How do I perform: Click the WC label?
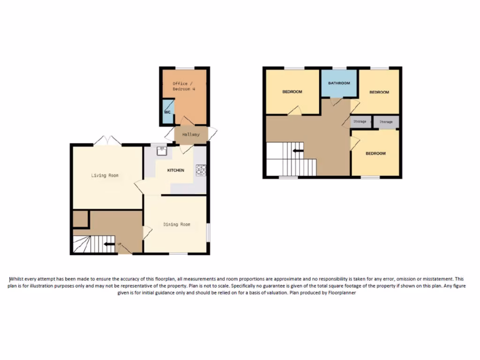coord(167,112)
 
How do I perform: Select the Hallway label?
coord(191,135)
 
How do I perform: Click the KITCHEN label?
coord(176,170)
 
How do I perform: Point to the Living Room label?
coord(105,176)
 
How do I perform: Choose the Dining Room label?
coord(177,225)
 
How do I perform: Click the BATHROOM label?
coord(339,83)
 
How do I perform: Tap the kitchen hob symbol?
coord(201,170)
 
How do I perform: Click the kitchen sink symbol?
coord(163,150)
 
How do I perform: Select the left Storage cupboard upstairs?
coord(360,122)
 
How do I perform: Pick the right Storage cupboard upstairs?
coord(386,122)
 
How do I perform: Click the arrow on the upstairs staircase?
coord(298,151)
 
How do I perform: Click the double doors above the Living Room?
coord(106,140)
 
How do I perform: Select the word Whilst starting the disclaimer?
coord(17,278)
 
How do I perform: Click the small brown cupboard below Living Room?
coord(81,219)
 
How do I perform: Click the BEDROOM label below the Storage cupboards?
coord(375,153)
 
